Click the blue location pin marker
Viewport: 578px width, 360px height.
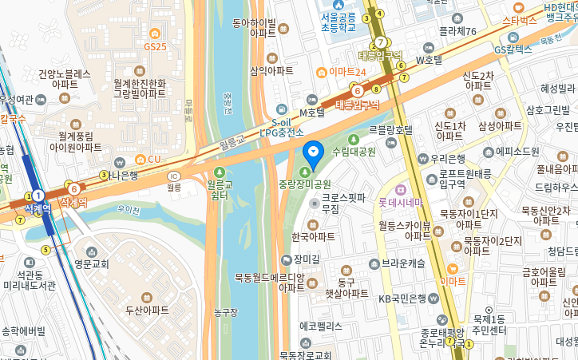pos(314,152)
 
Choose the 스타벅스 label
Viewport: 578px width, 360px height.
pos(519,20)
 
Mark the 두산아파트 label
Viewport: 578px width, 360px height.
pos(147,309)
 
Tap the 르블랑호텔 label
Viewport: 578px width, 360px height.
pos(390,129)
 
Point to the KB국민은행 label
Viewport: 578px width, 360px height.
pos(407,299)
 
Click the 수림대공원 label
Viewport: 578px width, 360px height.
pos(354,151)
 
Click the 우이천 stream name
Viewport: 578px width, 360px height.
pos(128,210)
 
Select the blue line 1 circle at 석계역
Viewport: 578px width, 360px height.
pos(37,195)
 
